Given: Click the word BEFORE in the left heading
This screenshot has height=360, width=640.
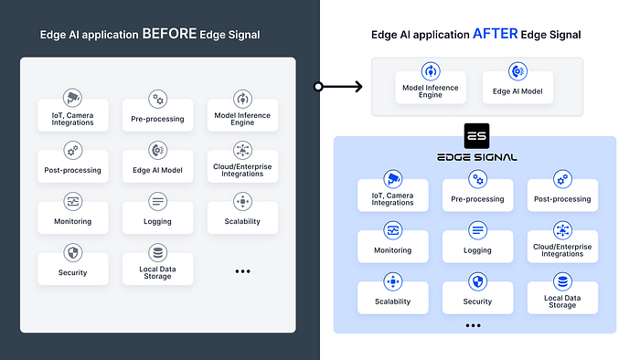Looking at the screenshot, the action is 169,34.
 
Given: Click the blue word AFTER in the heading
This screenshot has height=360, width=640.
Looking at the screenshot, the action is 496,34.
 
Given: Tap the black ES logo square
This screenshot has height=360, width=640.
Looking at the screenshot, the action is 476,136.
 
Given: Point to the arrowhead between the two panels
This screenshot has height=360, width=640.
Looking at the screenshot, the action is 358,87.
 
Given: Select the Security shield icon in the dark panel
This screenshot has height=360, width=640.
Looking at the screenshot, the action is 73,253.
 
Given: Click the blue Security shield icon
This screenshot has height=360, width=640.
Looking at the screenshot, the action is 477,281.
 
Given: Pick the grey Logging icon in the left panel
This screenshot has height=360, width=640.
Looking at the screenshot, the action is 157,201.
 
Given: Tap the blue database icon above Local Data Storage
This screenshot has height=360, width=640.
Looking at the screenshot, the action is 562,281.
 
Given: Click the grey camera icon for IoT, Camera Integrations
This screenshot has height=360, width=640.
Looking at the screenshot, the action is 72,98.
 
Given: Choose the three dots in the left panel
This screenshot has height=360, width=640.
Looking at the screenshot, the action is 242,271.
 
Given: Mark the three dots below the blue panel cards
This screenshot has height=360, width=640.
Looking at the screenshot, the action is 473,325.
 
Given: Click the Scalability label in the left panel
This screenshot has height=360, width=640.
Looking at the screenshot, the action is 242,221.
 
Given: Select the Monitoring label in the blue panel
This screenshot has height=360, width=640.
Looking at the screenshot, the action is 392,250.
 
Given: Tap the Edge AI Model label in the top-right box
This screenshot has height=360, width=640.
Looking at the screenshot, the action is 517,91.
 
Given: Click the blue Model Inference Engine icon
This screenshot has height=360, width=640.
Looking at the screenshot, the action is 431,71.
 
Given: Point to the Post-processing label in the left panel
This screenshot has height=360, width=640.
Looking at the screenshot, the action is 72,170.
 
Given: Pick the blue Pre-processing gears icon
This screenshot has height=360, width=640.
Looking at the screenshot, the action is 477,179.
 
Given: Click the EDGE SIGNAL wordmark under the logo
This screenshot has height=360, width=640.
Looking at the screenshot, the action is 476,157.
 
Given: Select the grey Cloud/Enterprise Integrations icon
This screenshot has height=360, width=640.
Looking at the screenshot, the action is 242,150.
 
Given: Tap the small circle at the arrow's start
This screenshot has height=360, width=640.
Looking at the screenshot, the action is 318,87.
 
